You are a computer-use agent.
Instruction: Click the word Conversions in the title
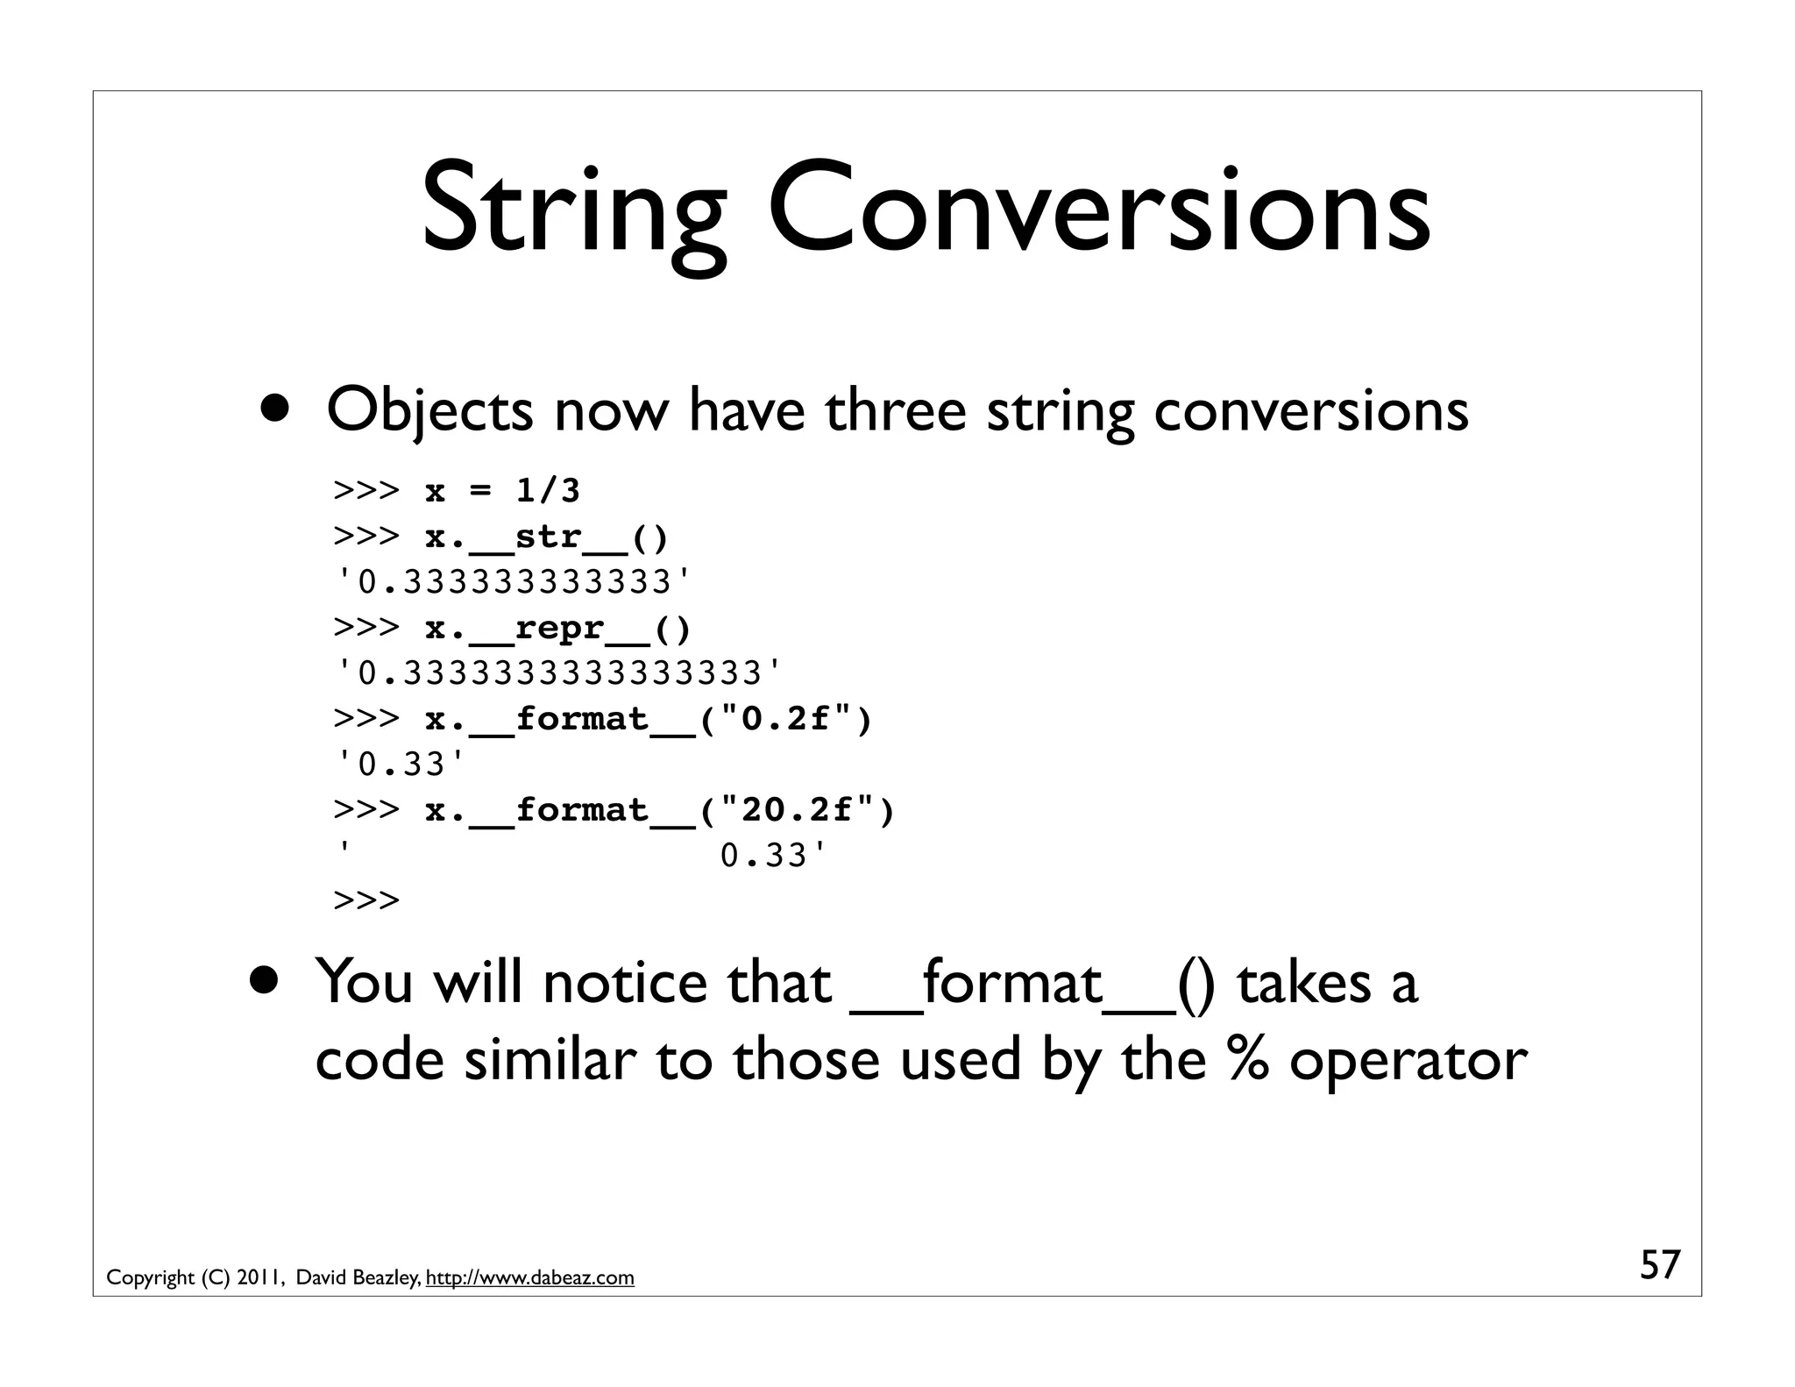pyautogui.click(x=1100, y=210)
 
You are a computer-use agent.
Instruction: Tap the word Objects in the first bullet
pyautogui.click(x=429, y=410)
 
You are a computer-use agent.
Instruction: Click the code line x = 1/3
pyautogui.click(x=502, y=490)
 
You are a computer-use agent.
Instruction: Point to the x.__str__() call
pyautogui.click(x=546, y=536)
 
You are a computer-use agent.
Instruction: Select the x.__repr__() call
pyautogui.click(x=557, y=628)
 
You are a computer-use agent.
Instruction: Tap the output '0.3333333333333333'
pyautogui.click(x=558, y=673)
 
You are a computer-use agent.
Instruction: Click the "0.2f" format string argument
pyautogui.click(x=785, y=719)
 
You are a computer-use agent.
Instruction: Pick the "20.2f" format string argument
pyautogui.click(x=797, y=810)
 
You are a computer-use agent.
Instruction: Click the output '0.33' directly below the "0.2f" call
pyautogui.click(x=401, y=765)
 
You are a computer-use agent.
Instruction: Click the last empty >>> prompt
pyautogui.click(x=366, y=900)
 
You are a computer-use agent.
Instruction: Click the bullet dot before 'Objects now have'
pyautogui.click(x=277, y=406)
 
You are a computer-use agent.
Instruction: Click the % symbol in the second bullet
pyautogui.click(x=1248, y=1059)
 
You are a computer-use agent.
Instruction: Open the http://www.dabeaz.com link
pyautogui.click(x=529, y=1278)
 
